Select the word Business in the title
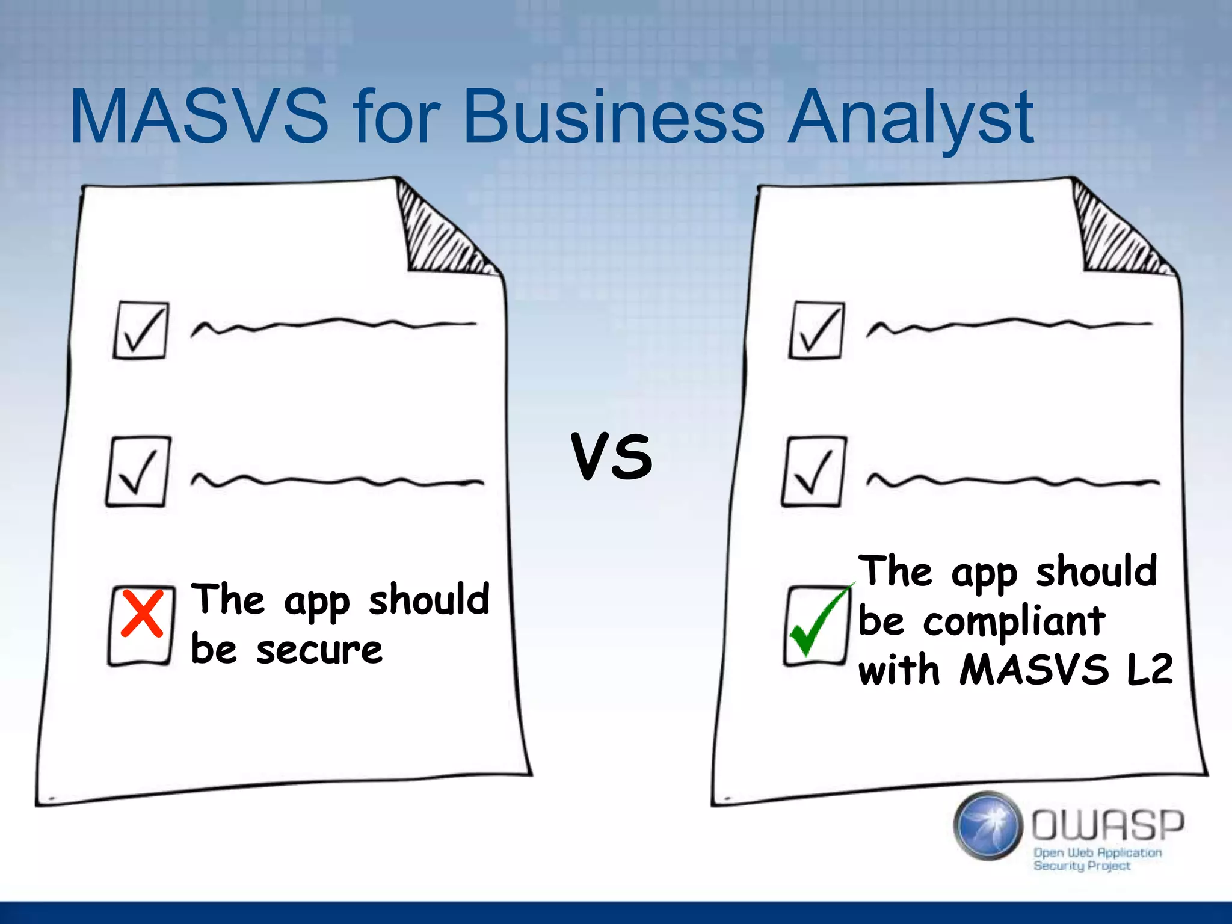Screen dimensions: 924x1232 pos(614,117)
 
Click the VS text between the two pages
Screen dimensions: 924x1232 pos(612,457)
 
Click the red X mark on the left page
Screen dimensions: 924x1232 pos(142,613)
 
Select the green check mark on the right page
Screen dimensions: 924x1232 pos(818,620)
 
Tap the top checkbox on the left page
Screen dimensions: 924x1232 pos(141,330)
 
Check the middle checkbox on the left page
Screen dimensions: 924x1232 pos(138,472)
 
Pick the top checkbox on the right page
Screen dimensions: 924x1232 pos(816,330)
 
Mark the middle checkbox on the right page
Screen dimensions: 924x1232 pos(814,472)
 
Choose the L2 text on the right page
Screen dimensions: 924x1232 pos(1149,669)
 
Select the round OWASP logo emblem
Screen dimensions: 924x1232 pos(987,825)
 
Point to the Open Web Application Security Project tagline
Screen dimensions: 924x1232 pos(1096,859)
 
